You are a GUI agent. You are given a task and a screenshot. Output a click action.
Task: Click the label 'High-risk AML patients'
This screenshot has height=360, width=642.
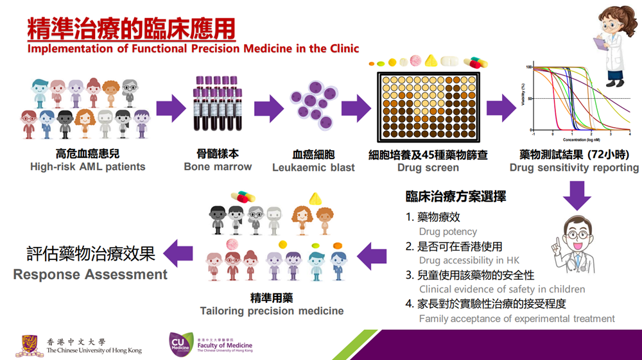[88, 167]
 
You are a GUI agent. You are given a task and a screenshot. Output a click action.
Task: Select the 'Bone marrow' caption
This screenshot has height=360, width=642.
[218, 167]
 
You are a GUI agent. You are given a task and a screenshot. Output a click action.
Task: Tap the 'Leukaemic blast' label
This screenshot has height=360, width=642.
[313, 167]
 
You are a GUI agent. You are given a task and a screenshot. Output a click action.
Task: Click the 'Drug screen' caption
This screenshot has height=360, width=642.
[428, 167]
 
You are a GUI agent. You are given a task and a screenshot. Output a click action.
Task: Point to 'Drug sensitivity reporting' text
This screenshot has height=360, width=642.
[574, 167]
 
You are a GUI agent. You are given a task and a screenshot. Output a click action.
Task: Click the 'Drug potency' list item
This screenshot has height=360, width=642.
[447, 232]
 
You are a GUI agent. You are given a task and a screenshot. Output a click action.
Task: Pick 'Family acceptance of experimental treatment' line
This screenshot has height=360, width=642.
[517, 318]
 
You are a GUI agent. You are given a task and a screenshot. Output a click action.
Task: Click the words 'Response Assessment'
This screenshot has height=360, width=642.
[91, 275]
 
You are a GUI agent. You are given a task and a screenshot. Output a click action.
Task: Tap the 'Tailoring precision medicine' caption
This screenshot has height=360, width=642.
[272, 311]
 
